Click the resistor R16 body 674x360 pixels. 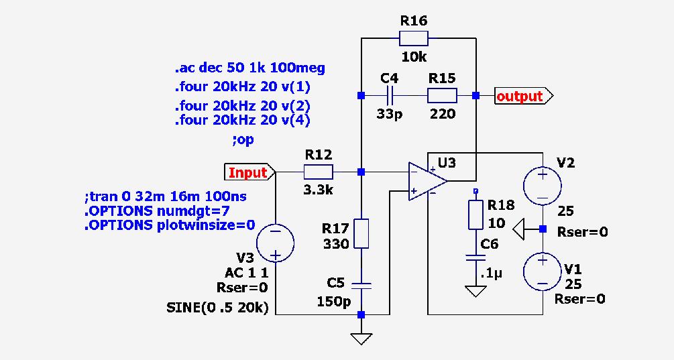point(414,38)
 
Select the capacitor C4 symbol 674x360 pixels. point(390,95)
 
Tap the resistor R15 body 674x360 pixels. point(443,95)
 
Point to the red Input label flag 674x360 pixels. point(248,172)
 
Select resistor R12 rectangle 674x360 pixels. point(319,172)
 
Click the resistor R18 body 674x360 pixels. point(475,213)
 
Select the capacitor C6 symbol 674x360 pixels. point(475,257)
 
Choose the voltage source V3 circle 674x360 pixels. point(276,243)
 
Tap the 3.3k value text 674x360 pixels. point(318,190)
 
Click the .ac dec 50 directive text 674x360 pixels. point(250,68)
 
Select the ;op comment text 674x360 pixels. point(243,140)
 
